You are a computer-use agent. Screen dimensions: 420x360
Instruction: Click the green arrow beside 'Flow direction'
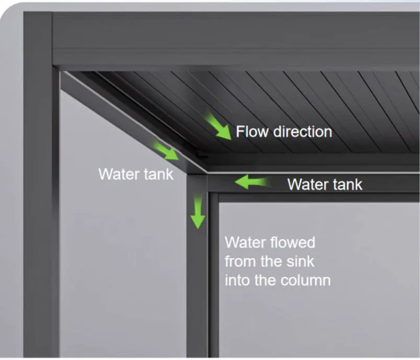(x=218, y=125)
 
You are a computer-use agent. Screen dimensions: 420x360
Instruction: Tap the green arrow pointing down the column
(x=198, y=212)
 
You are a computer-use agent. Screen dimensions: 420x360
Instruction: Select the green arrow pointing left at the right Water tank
(x=252, y=182)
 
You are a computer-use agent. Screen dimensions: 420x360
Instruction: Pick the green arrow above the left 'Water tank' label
(x=165, y=151)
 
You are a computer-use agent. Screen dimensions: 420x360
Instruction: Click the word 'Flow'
(x=252, y=132)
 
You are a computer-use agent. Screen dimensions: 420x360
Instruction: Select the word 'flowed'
(x=292, y=242)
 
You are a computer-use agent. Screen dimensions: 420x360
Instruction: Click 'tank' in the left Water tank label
(x=158, y=174)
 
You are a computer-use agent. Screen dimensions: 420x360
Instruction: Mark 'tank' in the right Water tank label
(x=348, y=184)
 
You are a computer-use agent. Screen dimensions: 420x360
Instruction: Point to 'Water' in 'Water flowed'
(x=245, y=242)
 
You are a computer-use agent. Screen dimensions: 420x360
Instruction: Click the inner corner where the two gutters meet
(x=207, y=173)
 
